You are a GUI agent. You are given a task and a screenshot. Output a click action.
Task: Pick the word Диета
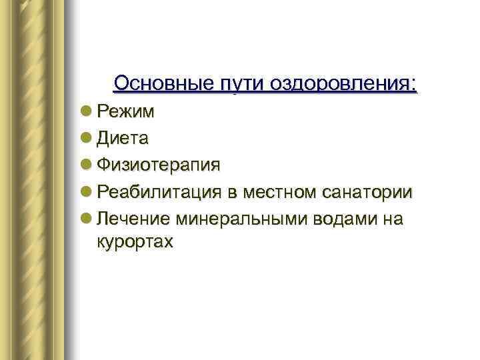pos(123,139)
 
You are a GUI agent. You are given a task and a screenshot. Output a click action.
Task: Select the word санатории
pos(368,193)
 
